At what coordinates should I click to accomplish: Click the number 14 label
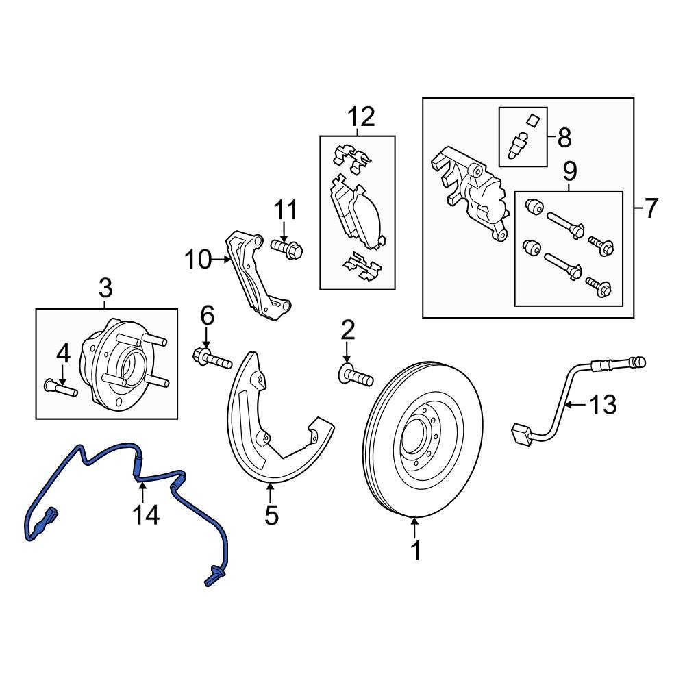click(147, 514)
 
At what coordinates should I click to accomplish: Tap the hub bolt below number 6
click(212, 358)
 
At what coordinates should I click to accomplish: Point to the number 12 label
click(361, 118)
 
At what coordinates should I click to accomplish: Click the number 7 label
click(650, 208)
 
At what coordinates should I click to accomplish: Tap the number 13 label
click(603, 405)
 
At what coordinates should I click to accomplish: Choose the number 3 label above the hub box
click(105, 288)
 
